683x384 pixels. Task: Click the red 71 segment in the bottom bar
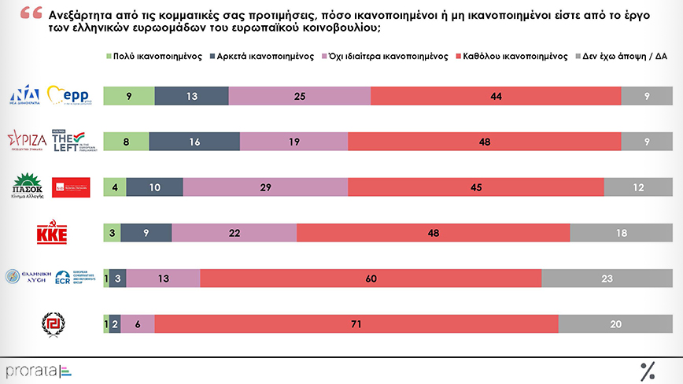[356, 323]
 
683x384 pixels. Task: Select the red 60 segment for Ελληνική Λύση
[371, 278]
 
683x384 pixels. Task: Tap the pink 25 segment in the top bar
[299, 95]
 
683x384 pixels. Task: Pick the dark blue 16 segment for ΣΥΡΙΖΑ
[194, 141]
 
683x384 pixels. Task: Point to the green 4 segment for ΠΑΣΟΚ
[115, 186]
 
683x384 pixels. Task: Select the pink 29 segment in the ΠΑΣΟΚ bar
[265, 186]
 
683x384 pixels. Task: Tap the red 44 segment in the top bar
[495, 95]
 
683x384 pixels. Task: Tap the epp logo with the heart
[71, 96]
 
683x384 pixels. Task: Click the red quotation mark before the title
[32, 14]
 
